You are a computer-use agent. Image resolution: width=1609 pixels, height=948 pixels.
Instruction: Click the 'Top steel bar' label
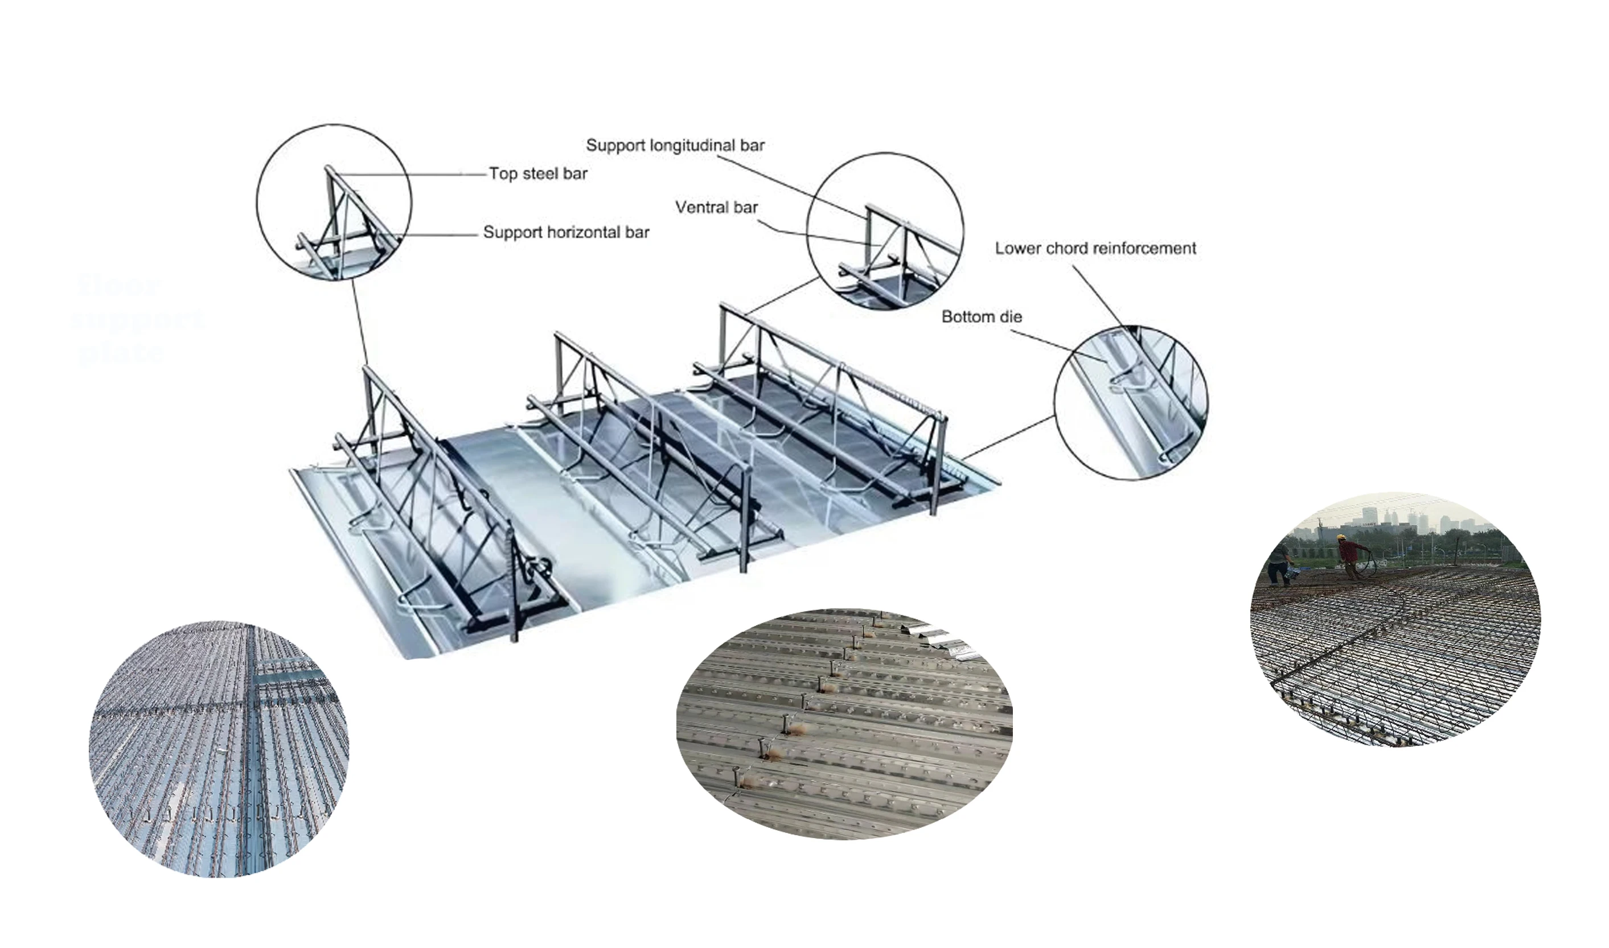(538, 174)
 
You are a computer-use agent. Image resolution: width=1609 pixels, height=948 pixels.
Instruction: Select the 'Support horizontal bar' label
(566, 233)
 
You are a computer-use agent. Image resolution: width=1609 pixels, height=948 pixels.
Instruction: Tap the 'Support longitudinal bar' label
(675, 146)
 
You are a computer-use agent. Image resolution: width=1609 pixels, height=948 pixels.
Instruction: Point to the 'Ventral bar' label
(716, 208)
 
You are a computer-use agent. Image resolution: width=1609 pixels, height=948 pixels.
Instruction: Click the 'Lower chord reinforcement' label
(1095, 249)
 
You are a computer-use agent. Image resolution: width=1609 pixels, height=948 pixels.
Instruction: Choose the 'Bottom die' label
(982, 317)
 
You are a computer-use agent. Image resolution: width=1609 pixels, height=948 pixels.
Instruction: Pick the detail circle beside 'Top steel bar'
(334, 202)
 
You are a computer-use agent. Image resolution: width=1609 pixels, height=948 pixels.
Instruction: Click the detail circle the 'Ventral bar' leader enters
(885, 231)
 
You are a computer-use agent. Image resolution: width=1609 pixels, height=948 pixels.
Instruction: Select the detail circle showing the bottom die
(1131, 402)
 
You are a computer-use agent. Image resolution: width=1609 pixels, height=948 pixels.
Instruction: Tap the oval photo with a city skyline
(1394, 620)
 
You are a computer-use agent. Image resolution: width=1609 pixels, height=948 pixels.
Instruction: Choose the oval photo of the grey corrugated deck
(844, 723)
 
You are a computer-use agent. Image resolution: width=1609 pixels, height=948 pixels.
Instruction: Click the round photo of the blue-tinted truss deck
(219, 749)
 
